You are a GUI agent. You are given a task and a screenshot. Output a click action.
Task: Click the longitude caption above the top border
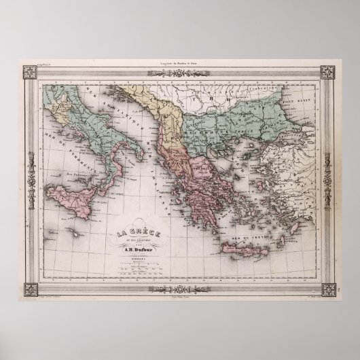click(x=180, y=62)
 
